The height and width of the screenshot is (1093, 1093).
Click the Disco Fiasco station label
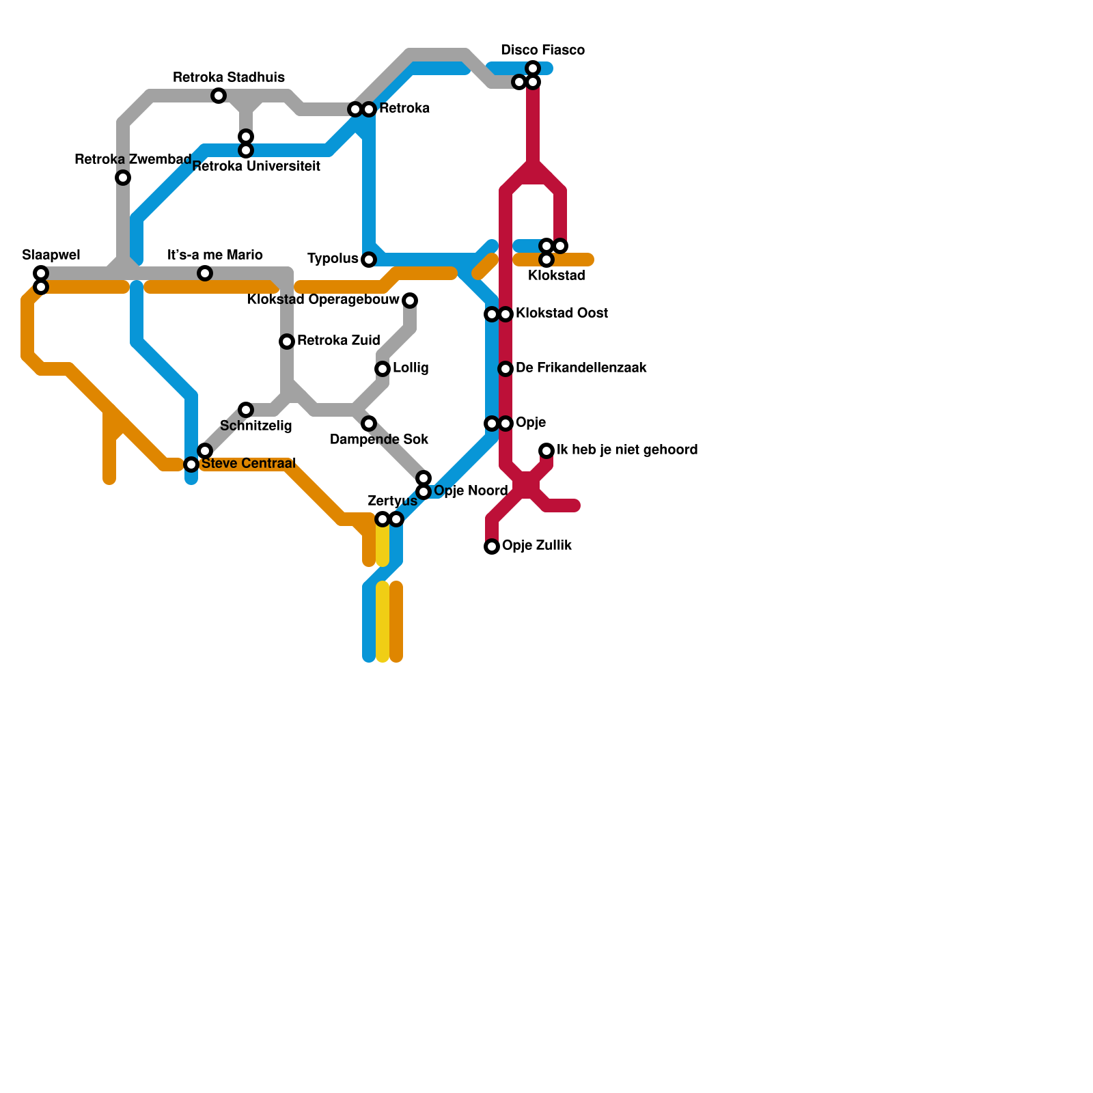(542, 51)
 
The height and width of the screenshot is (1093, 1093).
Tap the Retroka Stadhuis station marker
(219, 96)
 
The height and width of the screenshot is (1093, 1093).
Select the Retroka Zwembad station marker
(123, 178)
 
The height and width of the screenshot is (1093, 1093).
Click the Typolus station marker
(369, 260)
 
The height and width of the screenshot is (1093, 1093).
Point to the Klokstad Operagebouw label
(323, 300)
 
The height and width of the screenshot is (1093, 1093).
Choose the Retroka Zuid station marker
(287, 342)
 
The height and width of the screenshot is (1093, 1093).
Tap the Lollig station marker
(383, 369)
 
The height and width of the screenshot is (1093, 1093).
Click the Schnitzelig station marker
(246, 410)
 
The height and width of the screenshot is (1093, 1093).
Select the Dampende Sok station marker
(369, 424)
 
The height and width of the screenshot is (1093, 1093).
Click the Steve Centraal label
(248, 464)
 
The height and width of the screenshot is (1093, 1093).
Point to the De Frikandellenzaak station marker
(506, 369)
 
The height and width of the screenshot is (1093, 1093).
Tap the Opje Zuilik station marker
(492, 546)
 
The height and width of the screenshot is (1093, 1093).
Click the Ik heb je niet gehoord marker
(546, 451)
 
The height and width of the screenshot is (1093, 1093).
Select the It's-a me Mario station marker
(205, 273)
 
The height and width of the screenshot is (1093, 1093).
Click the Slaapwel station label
(51, 255)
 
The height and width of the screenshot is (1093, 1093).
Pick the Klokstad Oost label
(562, 314)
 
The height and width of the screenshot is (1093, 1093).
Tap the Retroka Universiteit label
(256, 166)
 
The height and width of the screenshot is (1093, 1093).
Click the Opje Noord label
(471, 491)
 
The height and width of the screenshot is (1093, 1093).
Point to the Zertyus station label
(392, 501)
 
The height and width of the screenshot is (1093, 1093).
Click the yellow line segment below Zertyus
(383, 622)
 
